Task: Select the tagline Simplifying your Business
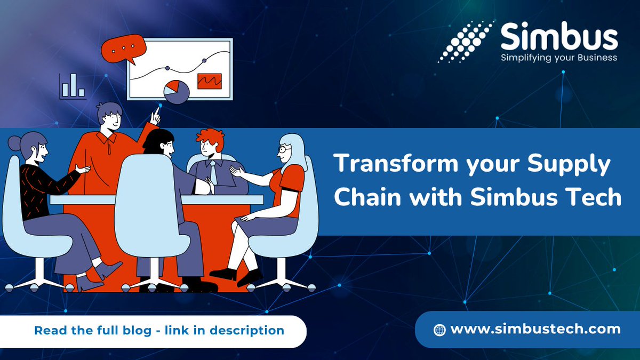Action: click(x=558, y=58)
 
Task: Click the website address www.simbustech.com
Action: click(x=535, y=329)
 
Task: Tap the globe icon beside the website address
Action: click(x=439, y=330)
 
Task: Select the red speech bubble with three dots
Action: click(x=123, y=47)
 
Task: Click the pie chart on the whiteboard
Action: click(x=176, y=92)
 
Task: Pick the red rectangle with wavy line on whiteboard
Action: click(x=209, y=81)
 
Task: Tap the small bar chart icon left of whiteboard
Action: click(x=73, y=87)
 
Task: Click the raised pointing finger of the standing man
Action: click(x=156, y=114)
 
